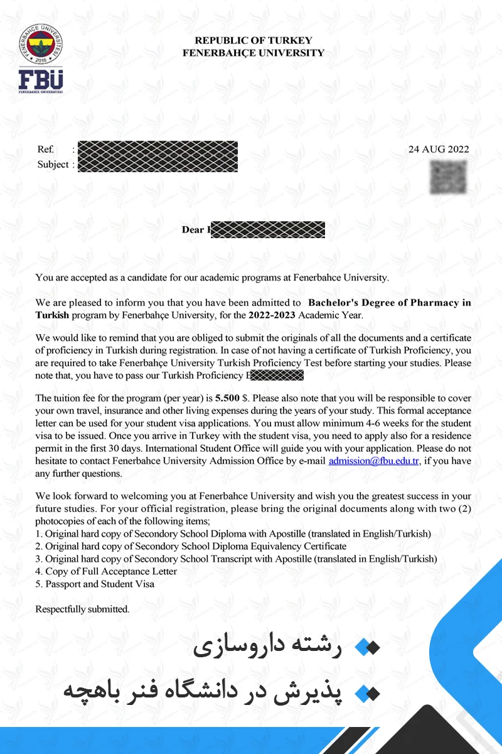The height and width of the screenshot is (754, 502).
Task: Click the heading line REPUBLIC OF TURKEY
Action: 253,40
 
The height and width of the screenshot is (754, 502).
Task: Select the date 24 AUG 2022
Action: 438,150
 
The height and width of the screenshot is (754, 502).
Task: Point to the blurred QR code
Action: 448,177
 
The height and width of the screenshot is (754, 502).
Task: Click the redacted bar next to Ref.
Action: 158,150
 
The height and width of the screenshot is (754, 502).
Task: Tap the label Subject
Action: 53,165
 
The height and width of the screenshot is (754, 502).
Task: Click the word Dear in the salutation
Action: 193,230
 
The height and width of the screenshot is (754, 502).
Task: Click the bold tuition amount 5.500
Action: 227,398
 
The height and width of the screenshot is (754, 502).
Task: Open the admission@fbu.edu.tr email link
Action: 374,461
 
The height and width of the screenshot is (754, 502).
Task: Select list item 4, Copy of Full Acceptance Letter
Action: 106,571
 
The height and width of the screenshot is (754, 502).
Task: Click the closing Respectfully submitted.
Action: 82,609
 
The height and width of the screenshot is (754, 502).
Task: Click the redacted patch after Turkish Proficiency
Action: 277,376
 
